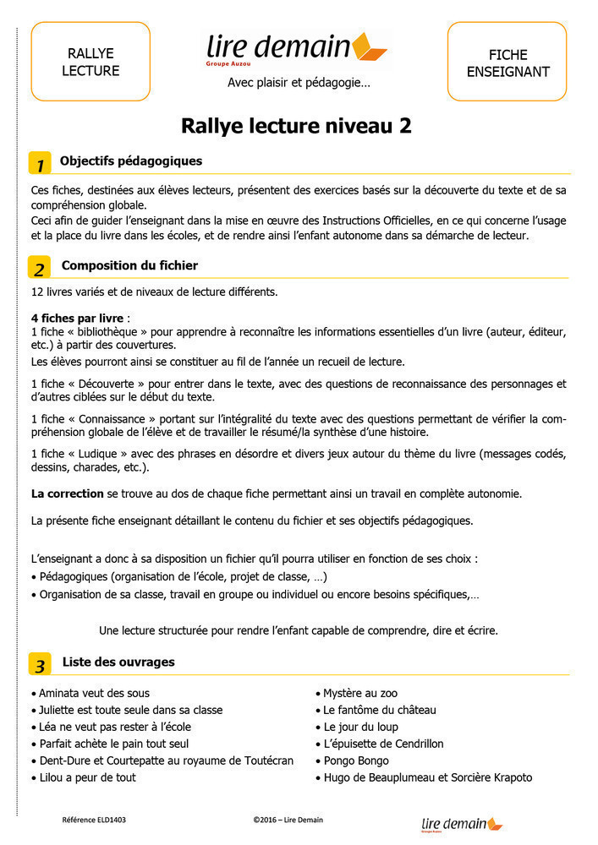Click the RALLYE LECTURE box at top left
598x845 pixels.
coord(91,62)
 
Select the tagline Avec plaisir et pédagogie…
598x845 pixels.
coord(299,83)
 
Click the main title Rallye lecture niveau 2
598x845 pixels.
coord(297,126)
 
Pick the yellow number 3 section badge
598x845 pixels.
coord(40,664)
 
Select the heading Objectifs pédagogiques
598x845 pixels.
coord(131,161)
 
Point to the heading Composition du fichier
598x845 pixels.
coord(129,265)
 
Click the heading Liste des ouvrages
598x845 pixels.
coord(118,662)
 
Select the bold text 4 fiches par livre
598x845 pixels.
coord(71,318)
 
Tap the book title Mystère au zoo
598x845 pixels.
coord(360,694)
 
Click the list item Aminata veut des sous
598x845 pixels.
coord(94,694)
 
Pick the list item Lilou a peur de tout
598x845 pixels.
coord(87,777)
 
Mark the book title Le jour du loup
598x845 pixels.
coord(360,727)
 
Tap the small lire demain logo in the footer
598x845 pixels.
coord(461,824)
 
